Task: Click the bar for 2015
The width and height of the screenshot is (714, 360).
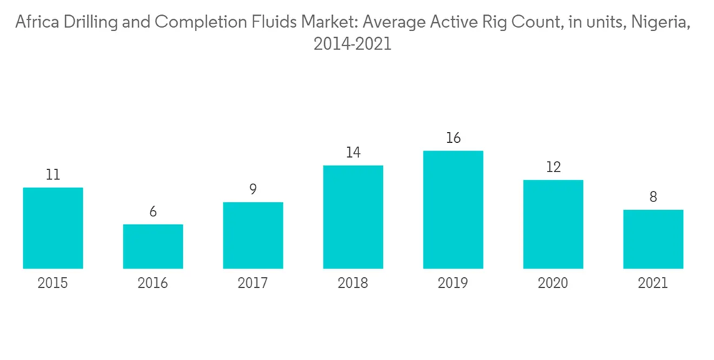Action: (x=53, y=228)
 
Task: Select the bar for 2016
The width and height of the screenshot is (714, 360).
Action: (x=153, y=246)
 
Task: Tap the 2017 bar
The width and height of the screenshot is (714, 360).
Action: (x=253, y=235)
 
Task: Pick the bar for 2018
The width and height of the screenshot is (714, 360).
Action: (x=353, y=217)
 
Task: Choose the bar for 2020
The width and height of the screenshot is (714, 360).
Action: (x=553, y=224)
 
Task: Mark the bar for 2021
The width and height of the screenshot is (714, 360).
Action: (x=653, y=239)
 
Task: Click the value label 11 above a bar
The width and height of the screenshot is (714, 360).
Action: (x=53, y=175)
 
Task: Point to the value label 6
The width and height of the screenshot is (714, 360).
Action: (x=153, y=212)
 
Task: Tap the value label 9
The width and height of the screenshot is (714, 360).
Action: (x=253, y=190)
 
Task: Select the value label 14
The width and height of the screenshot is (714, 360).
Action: (x=353, y=153)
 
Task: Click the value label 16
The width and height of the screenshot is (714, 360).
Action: (x=453, y=138)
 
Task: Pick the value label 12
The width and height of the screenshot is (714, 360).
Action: (x=553, y=168)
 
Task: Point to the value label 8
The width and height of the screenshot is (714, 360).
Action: (x=653, y=197)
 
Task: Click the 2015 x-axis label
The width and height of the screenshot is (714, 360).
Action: (x=53, y=284)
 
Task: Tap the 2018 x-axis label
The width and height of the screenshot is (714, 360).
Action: (x=353, y=284)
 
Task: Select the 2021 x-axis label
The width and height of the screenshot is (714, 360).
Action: (x=653, y=284)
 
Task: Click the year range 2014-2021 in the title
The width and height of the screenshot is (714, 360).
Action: (x=353, y=44)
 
